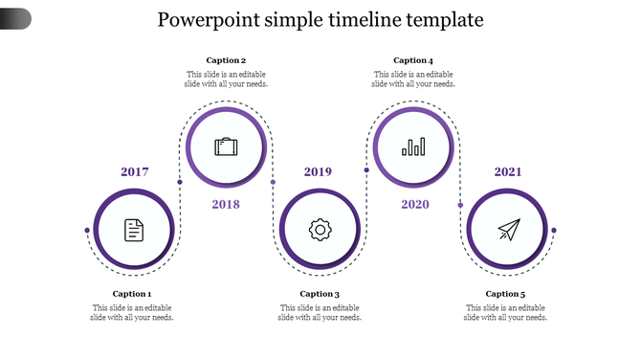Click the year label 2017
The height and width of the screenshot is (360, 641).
coord(135,172)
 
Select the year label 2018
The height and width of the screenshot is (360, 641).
coord(226,204)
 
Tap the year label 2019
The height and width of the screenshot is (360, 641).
coord(319,172)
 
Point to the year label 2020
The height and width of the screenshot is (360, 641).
coord(415,204)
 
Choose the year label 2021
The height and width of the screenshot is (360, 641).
coord(508,172)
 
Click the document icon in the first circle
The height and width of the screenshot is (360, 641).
coord(134,230)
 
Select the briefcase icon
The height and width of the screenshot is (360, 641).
coord(226,146)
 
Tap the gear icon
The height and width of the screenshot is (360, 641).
coord(320,230)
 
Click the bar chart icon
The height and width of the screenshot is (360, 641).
coord(414,146)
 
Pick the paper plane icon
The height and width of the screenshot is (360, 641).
coord(508,230)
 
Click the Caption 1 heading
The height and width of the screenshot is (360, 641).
coord(132,294)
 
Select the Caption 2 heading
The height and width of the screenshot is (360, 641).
coord(226,60)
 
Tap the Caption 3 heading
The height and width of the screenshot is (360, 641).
coord(320,294)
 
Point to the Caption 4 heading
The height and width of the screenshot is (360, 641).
coord(413,60)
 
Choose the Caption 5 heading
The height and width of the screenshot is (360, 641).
coord(505,294)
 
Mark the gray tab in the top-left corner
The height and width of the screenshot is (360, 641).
coord(15,18)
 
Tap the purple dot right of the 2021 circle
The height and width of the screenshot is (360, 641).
coord(553,230)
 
